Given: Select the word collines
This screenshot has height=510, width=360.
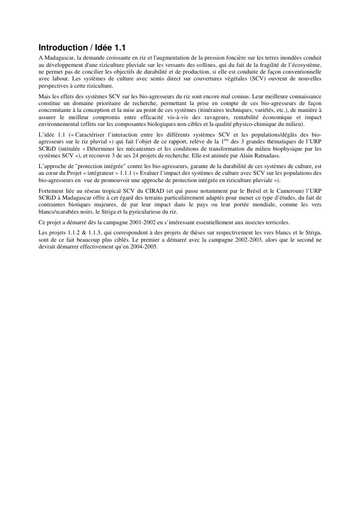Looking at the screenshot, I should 216,64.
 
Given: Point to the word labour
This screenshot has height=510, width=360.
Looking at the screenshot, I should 60,78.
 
